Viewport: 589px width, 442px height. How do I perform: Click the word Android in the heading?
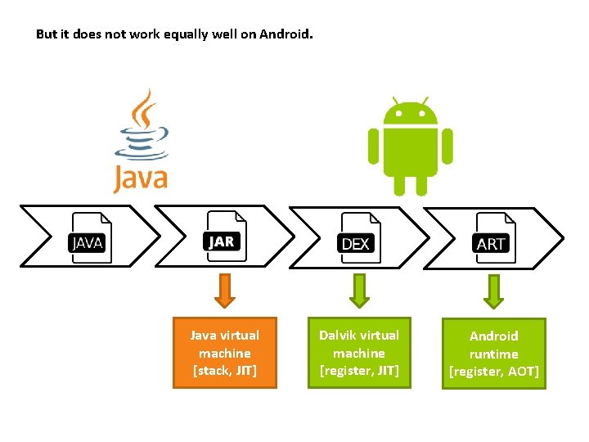coord(286,35)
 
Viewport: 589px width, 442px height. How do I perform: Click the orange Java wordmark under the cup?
coord(140,177)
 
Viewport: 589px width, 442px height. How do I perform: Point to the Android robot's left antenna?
coord(394,101)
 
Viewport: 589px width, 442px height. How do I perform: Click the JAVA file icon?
coord(88,238)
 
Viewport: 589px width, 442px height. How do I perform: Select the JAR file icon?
coord(223,237)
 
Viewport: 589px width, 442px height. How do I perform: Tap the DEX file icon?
coord(357,239)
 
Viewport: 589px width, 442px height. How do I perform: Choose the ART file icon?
coord(492,239)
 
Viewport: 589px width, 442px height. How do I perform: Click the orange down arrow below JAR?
coord(224,291)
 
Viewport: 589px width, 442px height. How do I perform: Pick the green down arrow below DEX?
coord(358,291)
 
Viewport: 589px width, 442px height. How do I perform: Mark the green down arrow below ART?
coord(492,291)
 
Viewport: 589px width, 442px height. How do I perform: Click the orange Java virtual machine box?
coord(225,353)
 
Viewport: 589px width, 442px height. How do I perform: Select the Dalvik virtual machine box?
coord(359,353)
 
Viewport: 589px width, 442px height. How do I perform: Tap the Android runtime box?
coord(493,354)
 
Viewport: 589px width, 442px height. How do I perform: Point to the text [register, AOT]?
coord(493,372)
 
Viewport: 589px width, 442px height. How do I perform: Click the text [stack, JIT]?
coord(225,371)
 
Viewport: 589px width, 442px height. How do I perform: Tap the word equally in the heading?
coord(167,35)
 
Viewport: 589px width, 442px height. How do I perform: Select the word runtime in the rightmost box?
coord(493,354)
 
